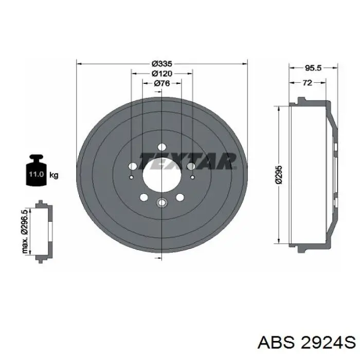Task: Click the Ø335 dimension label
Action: tap(162, 63)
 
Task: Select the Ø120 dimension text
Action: tap(162, 74)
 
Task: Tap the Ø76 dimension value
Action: tap(162, 83)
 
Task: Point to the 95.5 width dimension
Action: tap(313, 68)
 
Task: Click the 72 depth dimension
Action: tap(308, 83)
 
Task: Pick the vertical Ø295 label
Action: tap(279, 174)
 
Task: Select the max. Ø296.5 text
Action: tap(25, 231)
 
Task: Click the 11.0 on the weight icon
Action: tap(37, 174)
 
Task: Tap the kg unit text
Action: tap(54, 175)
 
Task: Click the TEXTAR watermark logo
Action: tap(188, 161)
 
